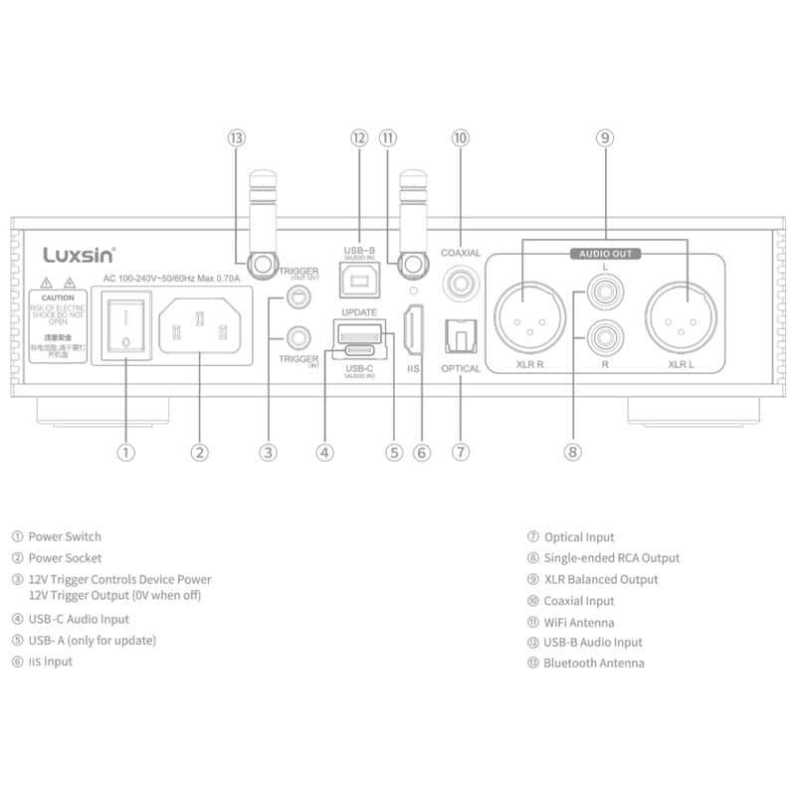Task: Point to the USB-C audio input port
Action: [x=358, y=352]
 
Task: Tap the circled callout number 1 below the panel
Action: [x=125, y=453]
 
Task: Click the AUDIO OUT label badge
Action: [x=606, y=254]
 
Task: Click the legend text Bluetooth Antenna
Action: [x=593, y=663]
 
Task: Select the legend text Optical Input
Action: [x=578, y=537]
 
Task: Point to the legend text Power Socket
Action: [x=65, y=558]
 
